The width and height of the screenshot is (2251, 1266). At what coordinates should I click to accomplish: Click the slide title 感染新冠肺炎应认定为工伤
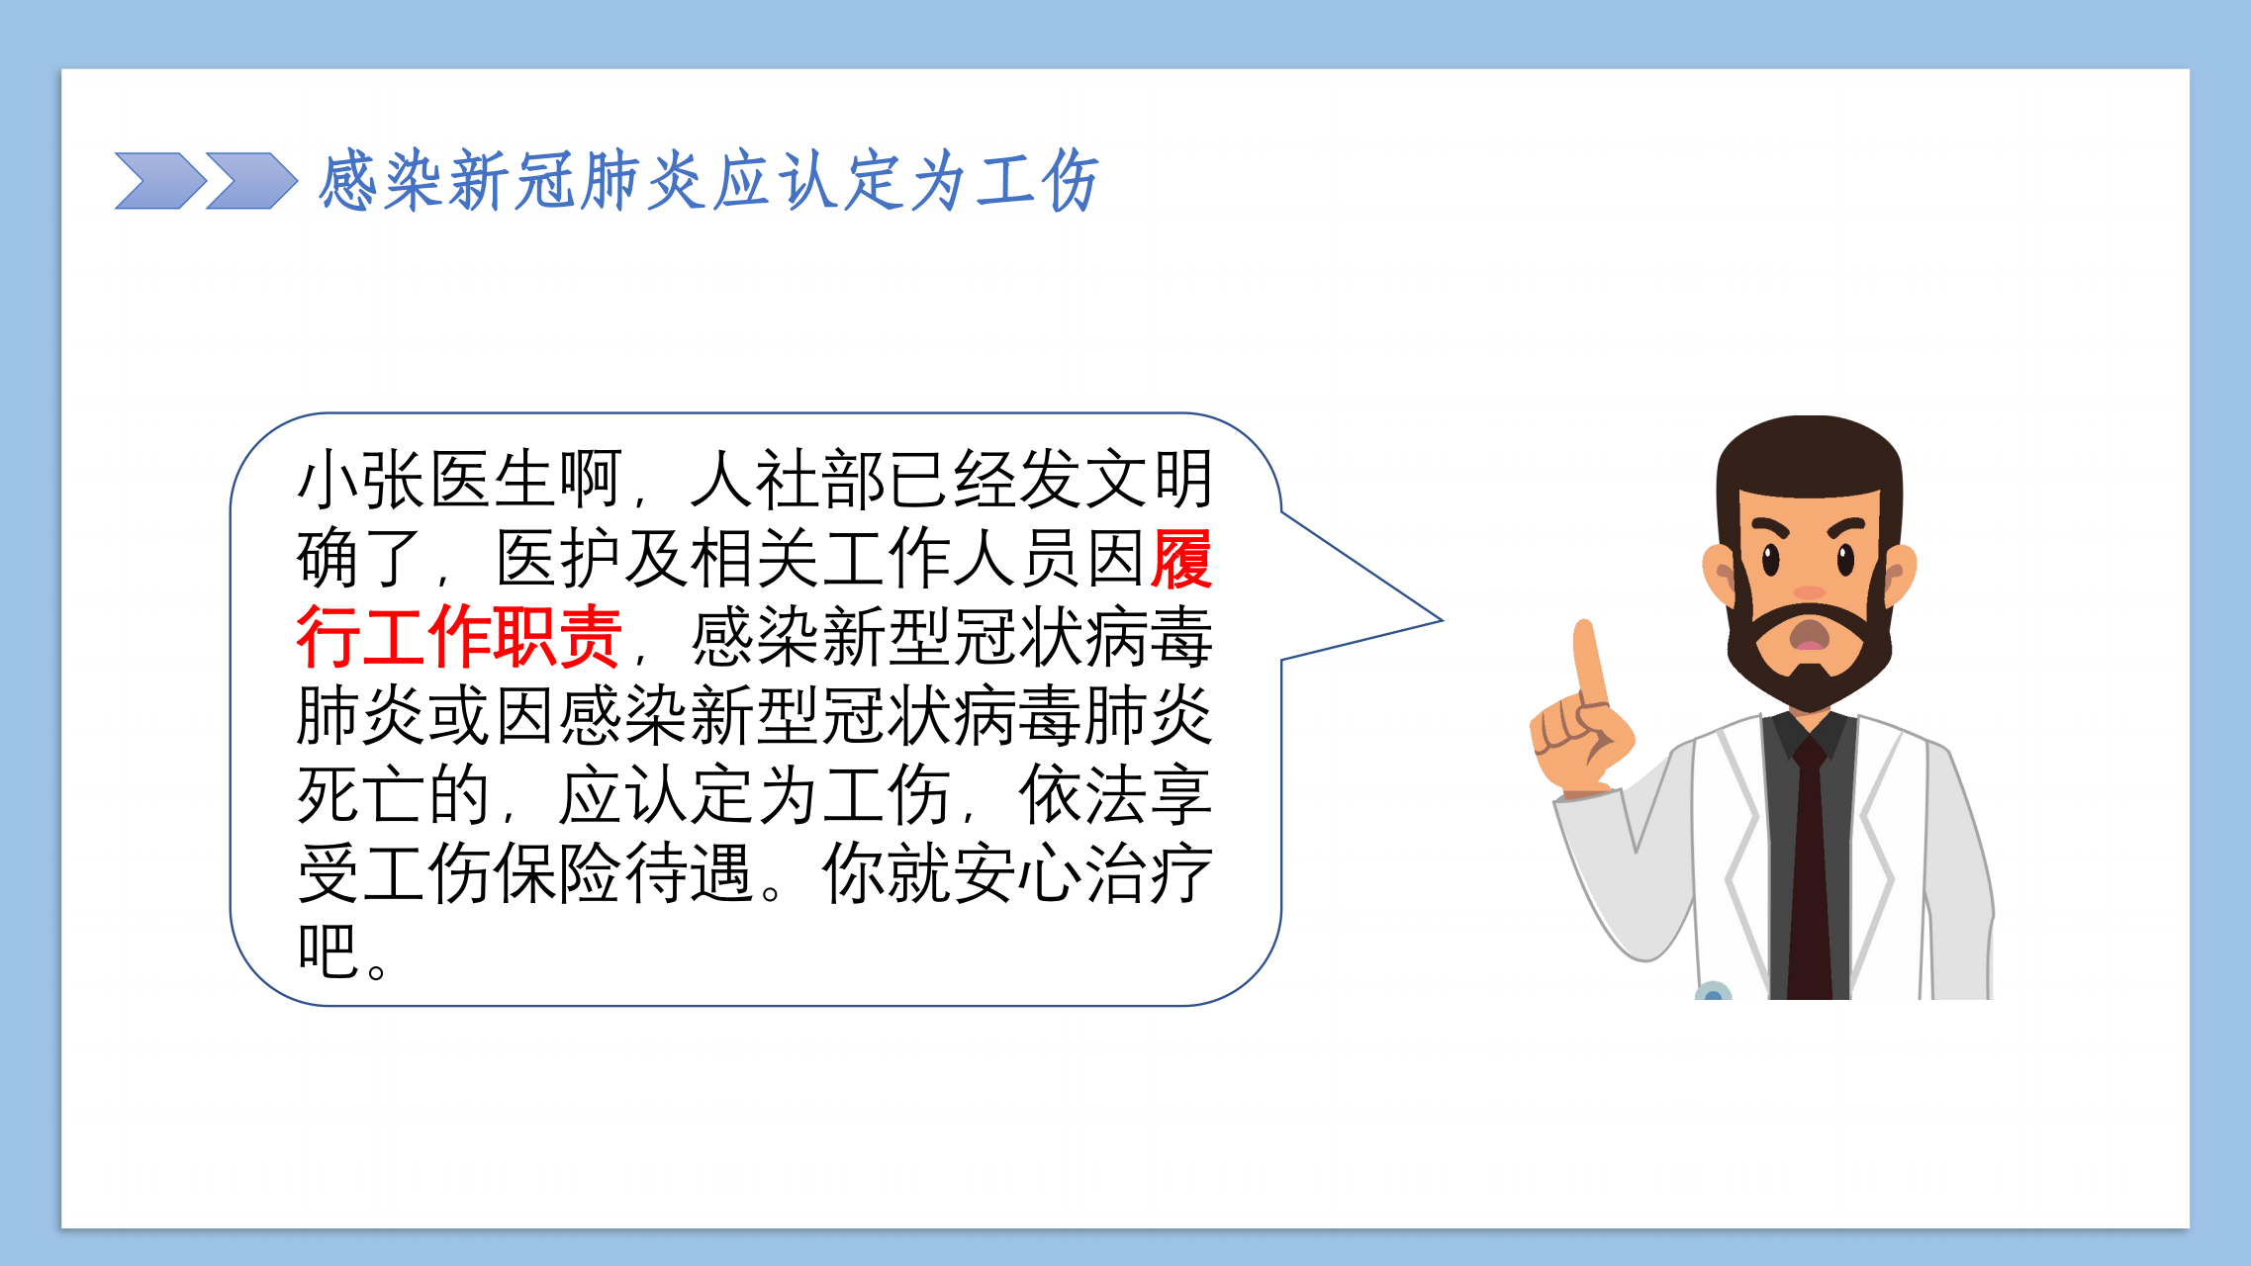pos(708,181)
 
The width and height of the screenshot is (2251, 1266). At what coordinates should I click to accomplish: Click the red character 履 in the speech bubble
pos(1181,559)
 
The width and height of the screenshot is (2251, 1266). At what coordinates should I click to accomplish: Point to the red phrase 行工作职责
pos(459,637)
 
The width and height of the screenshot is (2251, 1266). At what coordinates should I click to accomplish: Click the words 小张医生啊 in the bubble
pos(459,480)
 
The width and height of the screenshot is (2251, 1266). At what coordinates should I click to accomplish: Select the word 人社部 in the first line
pos(788,480)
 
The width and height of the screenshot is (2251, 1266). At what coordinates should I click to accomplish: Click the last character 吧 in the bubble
pos(328,950)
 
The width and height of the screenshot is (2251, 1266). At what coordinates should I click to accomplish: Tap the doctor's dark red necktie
pos(1810,870)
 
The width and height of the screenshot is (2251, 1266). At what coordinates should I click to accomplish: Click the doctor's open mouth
pos(1810,634)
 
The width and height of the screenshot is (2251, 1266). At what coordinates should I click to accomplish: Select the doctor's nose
pos(1810,591)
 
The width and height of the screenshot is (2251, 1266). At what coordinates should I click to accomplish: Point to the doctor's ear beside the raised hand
pos(1719,574)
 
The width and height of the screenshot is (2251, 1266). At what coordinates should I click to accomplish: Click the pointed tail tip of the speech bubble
pos(1442,621)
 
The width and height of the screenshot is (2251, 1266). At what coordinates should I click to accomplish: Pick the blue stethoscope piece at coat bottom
pos(1713,991)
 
